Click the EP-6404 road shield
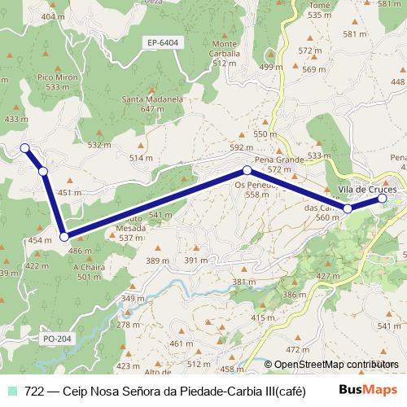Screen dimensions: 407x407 [x=164, y=42]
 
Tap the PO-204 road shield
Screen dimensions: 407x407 [x=55, y=337]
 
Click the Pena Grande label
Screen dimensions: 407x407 [x=279, y=160]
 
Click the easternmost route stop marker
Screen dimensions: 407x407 [x=382, y=198]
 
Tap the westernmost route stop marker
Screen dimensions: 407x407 [x=24, y=148]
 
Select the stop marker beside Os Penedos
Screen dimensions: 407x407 [x=247, y=171]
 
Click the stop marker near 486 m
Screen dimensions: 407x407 [x=63, y=237]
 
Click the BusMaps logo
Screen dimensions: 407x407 [x=368, y=390]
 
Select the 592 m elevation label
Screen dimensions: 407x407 [x=242, y=147]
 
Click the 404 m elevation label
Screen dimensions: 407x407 [x=53, y=16]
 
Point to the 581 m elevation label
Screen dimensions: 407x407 [x=356, y=34]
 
